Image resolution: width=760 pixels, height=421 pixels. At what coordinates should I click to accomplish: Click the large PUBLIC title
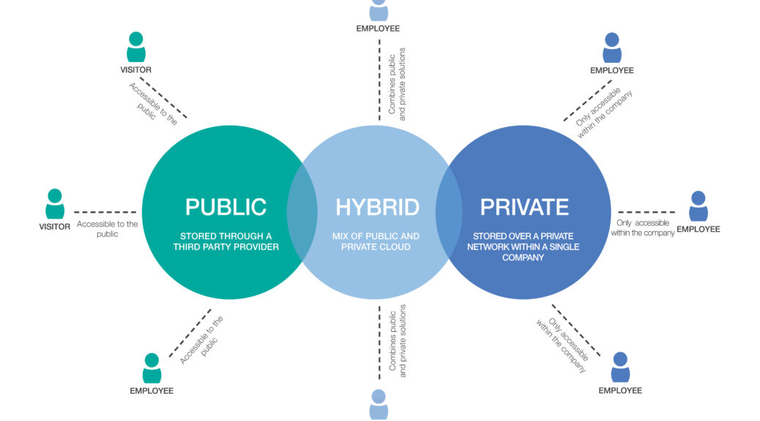[x=225, y=207]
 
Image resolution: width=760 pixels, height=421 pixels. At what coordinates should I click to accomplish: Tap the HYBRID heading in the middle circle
[x=377, y=207]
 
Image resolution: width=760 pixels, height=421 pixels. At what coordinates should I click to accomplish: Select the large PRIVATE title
[x=524, y=207]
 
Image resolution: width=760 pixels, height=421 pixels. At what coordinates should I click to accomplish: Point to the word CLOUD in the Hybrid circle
[x=396, y=247]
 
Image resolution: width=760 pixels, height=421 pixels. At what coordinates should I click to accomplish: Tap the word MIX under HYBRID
[x=346, y=236]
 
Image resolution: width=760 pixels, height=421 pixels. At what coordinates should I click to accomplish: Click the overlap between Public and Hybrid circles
[x=302, y=212]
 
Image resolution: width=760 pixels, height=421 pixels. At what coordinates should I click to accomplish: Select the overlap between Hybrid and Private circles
[x=450, y=212]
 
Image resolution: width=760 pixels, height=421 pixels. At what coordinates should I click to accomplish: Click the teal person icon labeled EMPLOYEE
[x=152, y=368]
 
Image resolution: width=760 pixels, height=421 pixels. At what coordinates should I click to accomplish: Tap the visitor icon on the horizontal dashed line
[x=55, y=204]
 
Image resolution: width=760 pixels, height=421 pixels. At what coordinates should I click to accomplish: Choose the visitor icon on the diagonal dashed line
[x=135, y=48]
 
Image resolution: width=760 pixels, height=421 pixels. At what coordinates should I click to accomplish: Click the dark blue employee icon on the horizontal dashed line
[x=698, y=207]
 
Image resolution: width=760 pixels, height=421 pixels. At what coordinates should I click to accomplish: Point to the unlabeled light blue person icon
[x=379, y=404]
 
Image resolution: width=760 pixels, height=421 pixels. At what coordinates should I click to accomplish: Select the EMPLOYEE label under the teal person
[x=152, y=391]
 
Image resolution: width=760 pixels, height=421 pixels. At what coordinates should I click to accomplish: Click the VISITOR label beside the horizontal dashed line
[x=55, y=227]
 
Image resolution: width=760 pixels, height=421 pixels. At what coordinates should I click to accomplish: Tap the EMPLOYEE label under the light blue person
[x=378, y=29]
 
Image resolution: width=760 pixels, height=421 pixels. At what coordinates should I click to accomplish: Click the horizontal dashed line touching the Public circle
[x=105, y=212]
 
